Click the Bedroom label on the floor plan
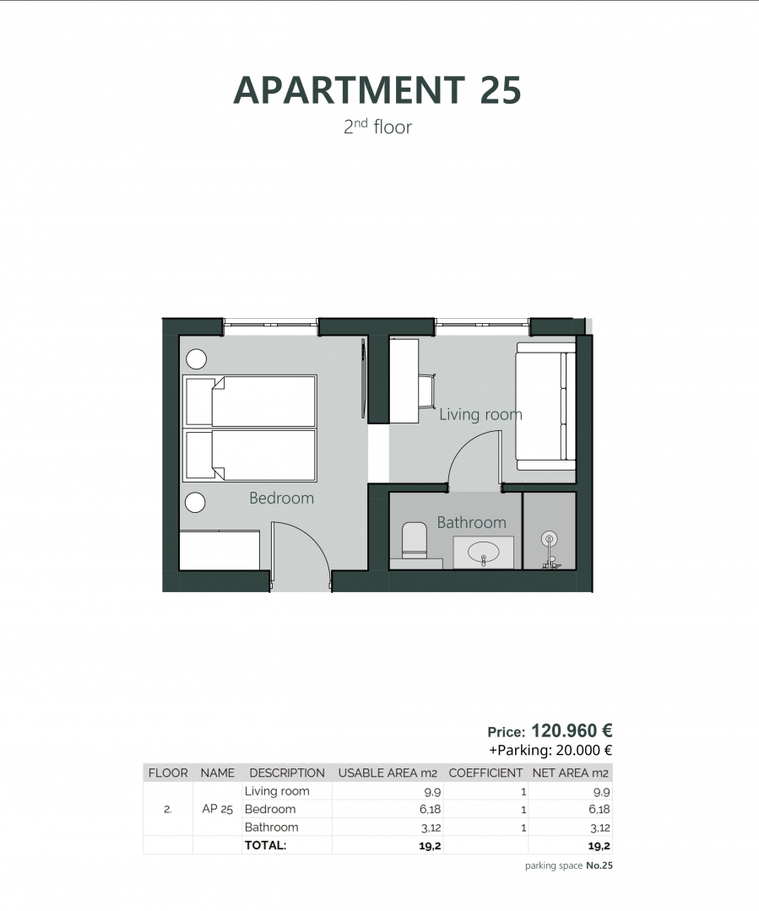pos(281,498)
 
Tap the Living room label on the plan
pos(480,414)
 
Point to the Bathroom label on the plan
pos(472,522)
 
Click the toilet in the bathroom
pos(414,541)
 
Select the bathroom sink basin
pos(483,551)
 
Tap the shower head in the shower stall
pos(549,540)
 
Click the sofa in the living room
pos(545,406)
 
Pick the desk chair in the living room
pos(427,391)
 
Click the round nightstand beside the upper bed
pos(197,359)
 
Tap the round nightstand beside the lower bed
pos(195,503)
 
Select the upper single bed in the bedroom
pos(250,402)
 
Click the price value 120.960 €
pos(572,730)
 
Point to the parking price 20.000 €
pos(584,750)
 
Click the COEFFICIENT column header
pos(485,773)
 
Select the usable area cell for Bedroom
pos(431,809)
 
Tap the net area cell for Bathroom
pos(599,828)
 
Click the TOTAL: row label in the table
pos(266,845)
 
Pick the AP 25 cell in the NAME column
pos(218,809)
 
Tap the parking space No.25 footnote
pos(569,865)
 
